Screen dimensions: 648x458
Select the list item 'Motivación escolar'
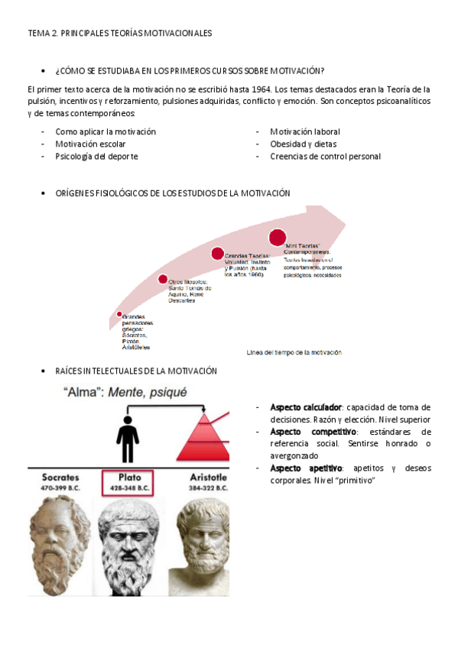(x=90, y=144)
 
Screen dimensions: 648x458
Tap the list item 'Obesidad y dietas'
(x=303, y=144)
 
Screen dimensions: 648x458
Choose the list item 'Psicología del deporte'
(x=96, y=157)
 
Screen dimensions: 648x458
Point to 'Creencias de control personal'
(x=325, y=157)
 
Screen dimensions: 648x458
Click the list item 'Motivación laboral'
(x=305, y=131)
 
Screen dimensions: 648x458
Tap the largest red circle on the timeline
(x=277, y=238)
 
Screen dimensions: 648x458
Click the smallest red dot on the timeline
(x=119, y=314)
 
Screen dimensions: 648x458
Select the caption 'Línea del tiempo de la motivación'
(x=294, y=352)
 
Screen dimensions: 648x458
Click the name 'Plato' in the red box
(x=130, y=477)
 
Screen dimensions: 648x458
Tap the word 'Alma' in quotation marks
(x=80, y=393)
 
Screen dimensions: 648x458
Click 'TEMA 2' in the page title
(x=41, y=34)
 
